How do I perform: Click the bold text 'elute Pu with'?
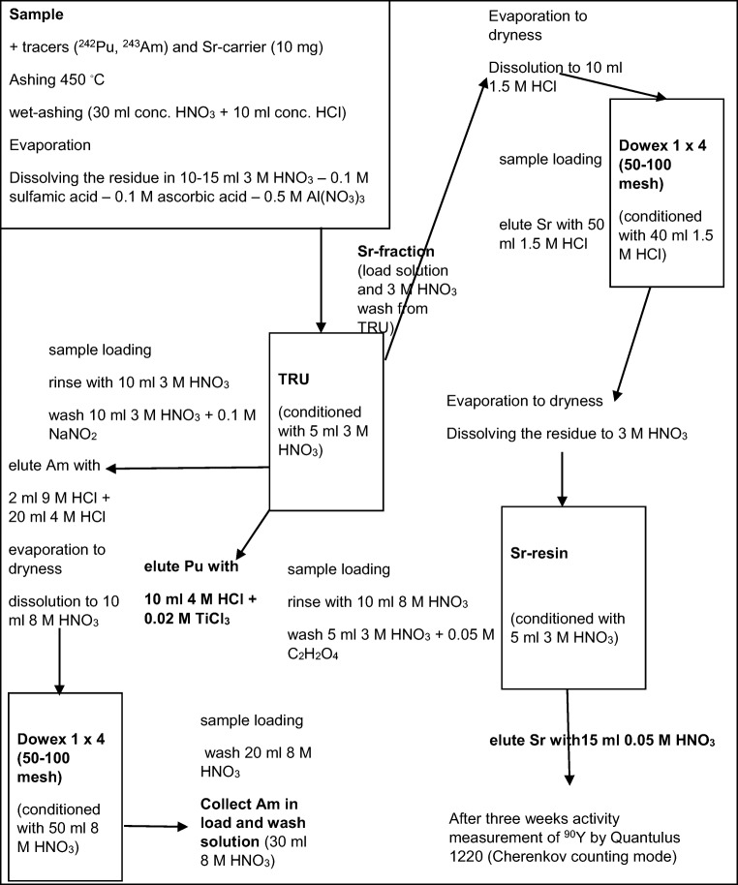point(190,566)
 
